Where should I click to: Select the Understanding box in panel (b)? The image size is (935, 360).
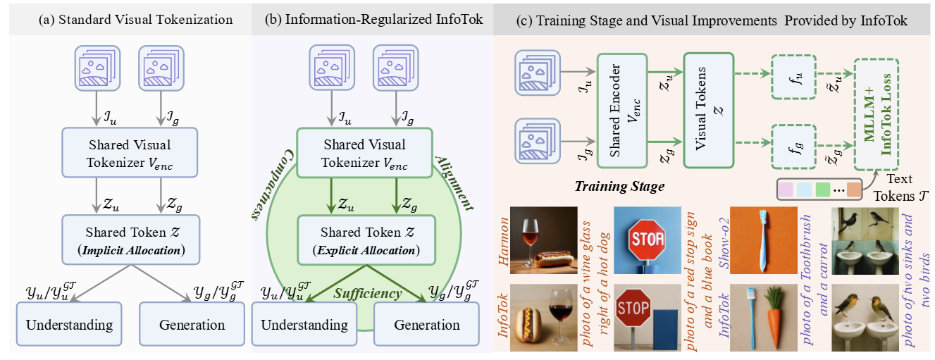tap(304, 324)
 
